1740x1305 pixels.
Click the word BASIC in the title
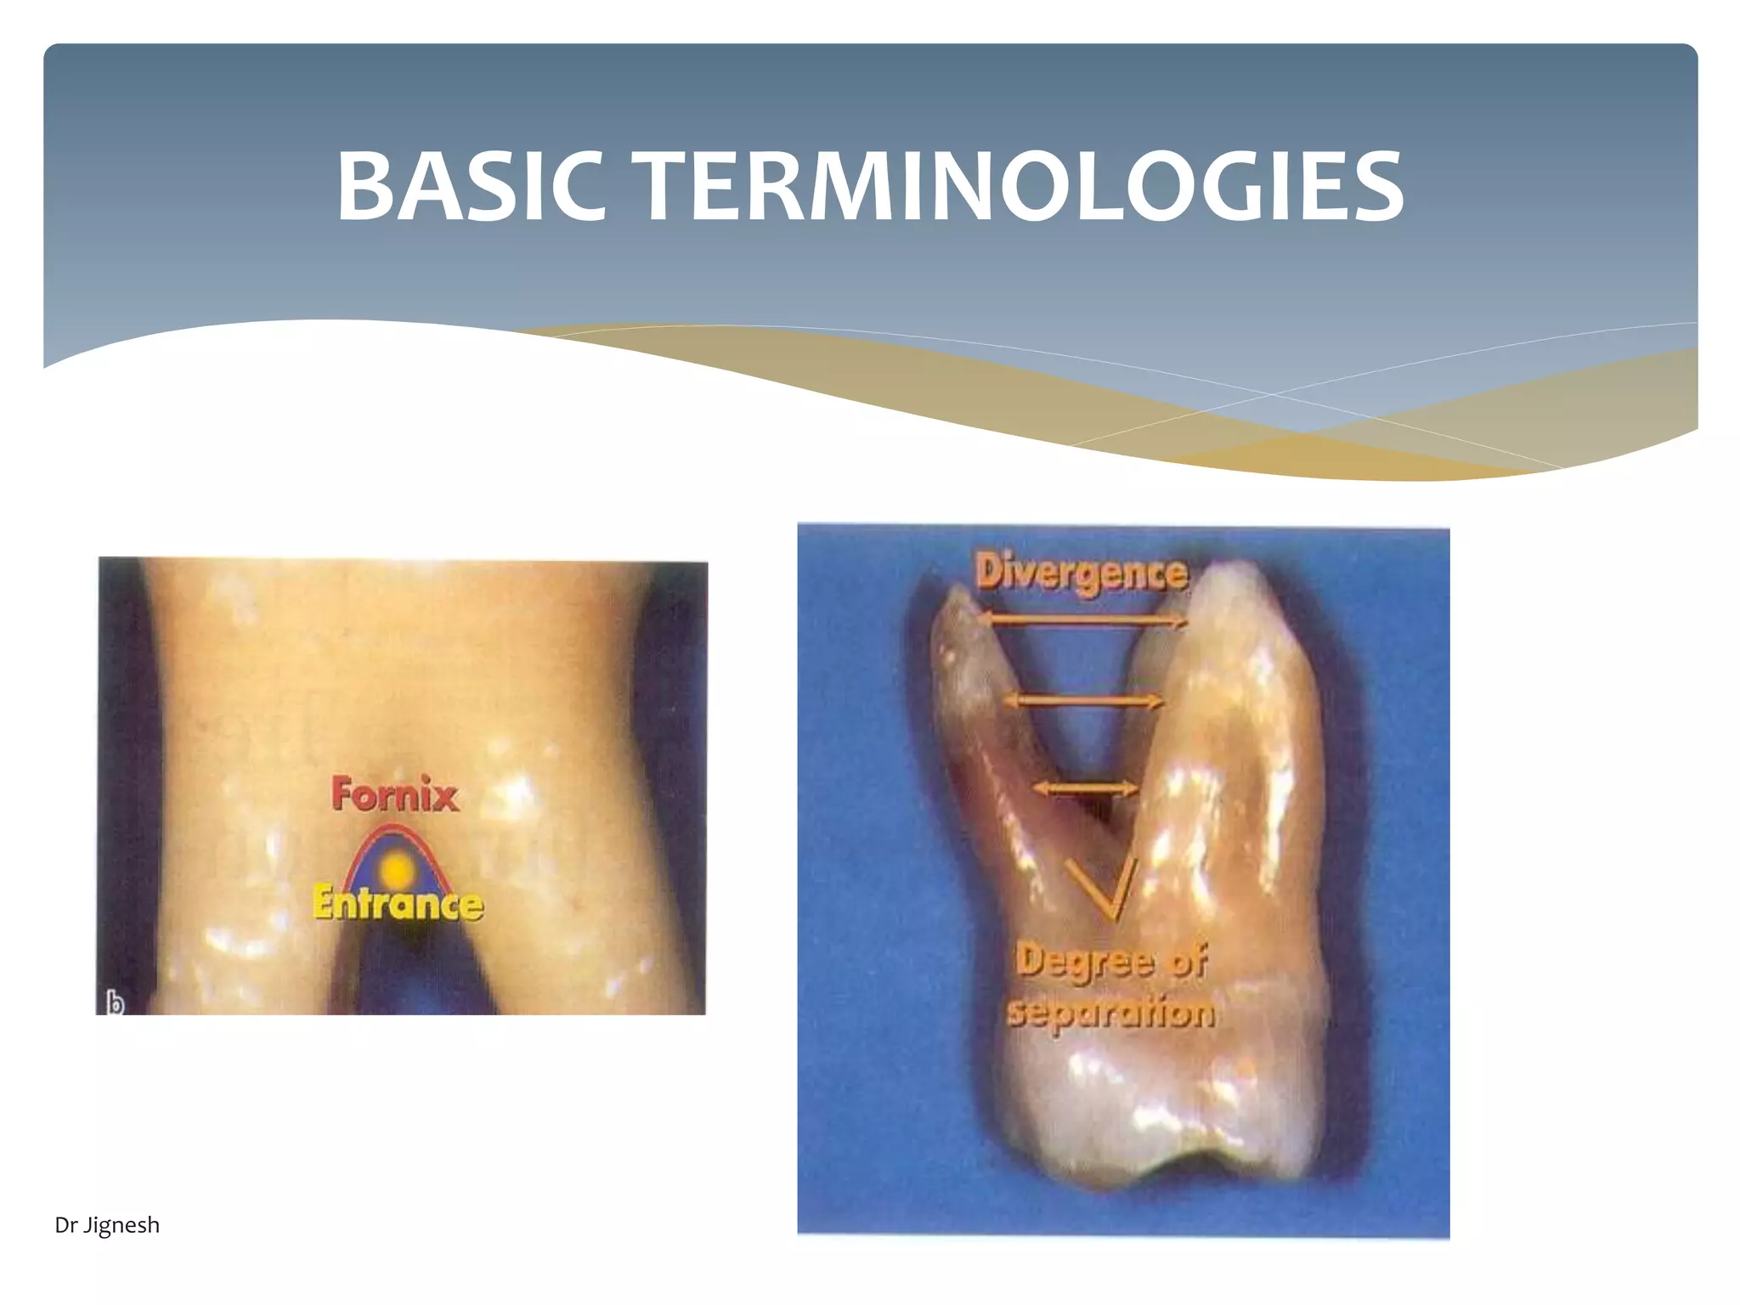coord(471,187)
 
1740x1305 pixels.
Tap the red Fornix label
coord(394,794)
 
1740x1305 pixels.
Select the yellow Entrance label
coord(398,902)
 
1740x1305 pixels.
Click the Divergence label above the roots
coord(1081,573)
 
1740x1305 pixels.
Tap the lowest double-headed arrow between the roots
coord(1084,788)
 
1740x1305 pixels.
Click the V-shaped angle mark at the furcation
coord(1105,892)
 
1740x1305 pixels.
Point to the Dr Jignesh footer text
coord(107,1225)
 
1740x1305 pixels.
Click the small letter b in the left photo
coord(115,1003)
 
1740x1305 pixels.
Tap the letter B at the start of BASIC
coord(365,187)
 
